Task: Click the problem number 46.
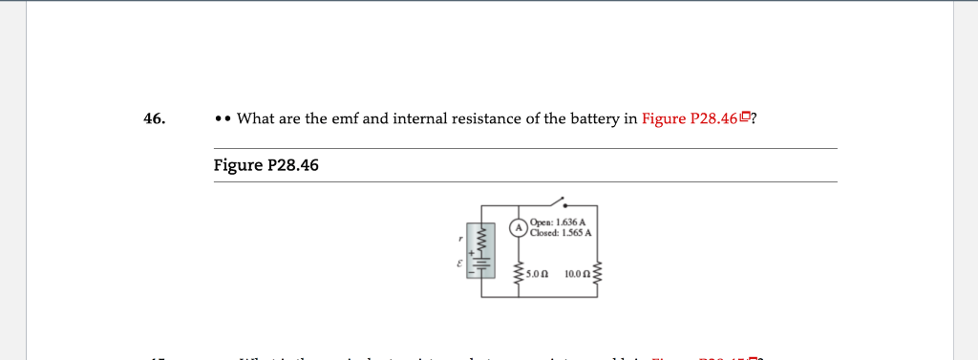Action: (154, 119)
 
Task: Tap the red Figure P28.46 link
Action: (691, 119)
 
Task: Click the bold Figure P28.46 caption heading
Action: (266, 165)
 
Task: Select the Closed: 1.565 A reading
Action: (563, 232)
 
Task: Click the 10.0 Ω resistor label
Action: (578, 274)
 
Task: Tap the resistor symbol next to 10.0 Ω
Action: (599, 272)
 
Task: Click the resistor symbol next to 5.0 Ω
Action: (519, 272)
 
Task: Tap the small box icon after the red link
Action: (746, 118)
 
